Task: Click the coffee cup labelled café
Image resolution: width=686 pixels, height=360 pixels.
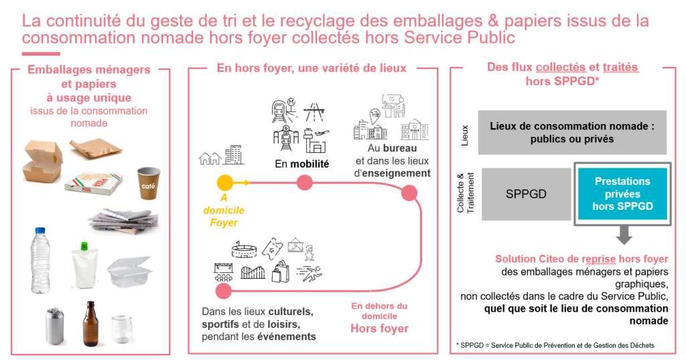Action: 149,183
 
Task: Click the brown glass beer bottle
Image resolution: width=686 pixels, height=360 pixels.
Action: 90,323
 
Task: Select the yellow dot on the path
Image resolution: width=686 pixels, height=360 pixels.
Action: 225,182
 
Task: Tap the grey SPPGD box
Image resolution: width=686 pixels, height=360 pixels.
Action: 526,194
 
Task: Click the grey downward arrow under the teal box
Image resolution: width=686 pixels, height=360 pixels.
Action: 624,234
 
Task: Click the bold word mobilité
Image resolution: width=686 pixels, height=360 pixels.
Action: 309,163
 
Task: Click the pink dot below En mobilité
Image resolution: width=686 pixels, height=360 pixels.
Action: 304,182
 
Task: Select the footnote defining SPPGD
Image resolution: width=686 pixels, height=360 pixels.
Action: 555,345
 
